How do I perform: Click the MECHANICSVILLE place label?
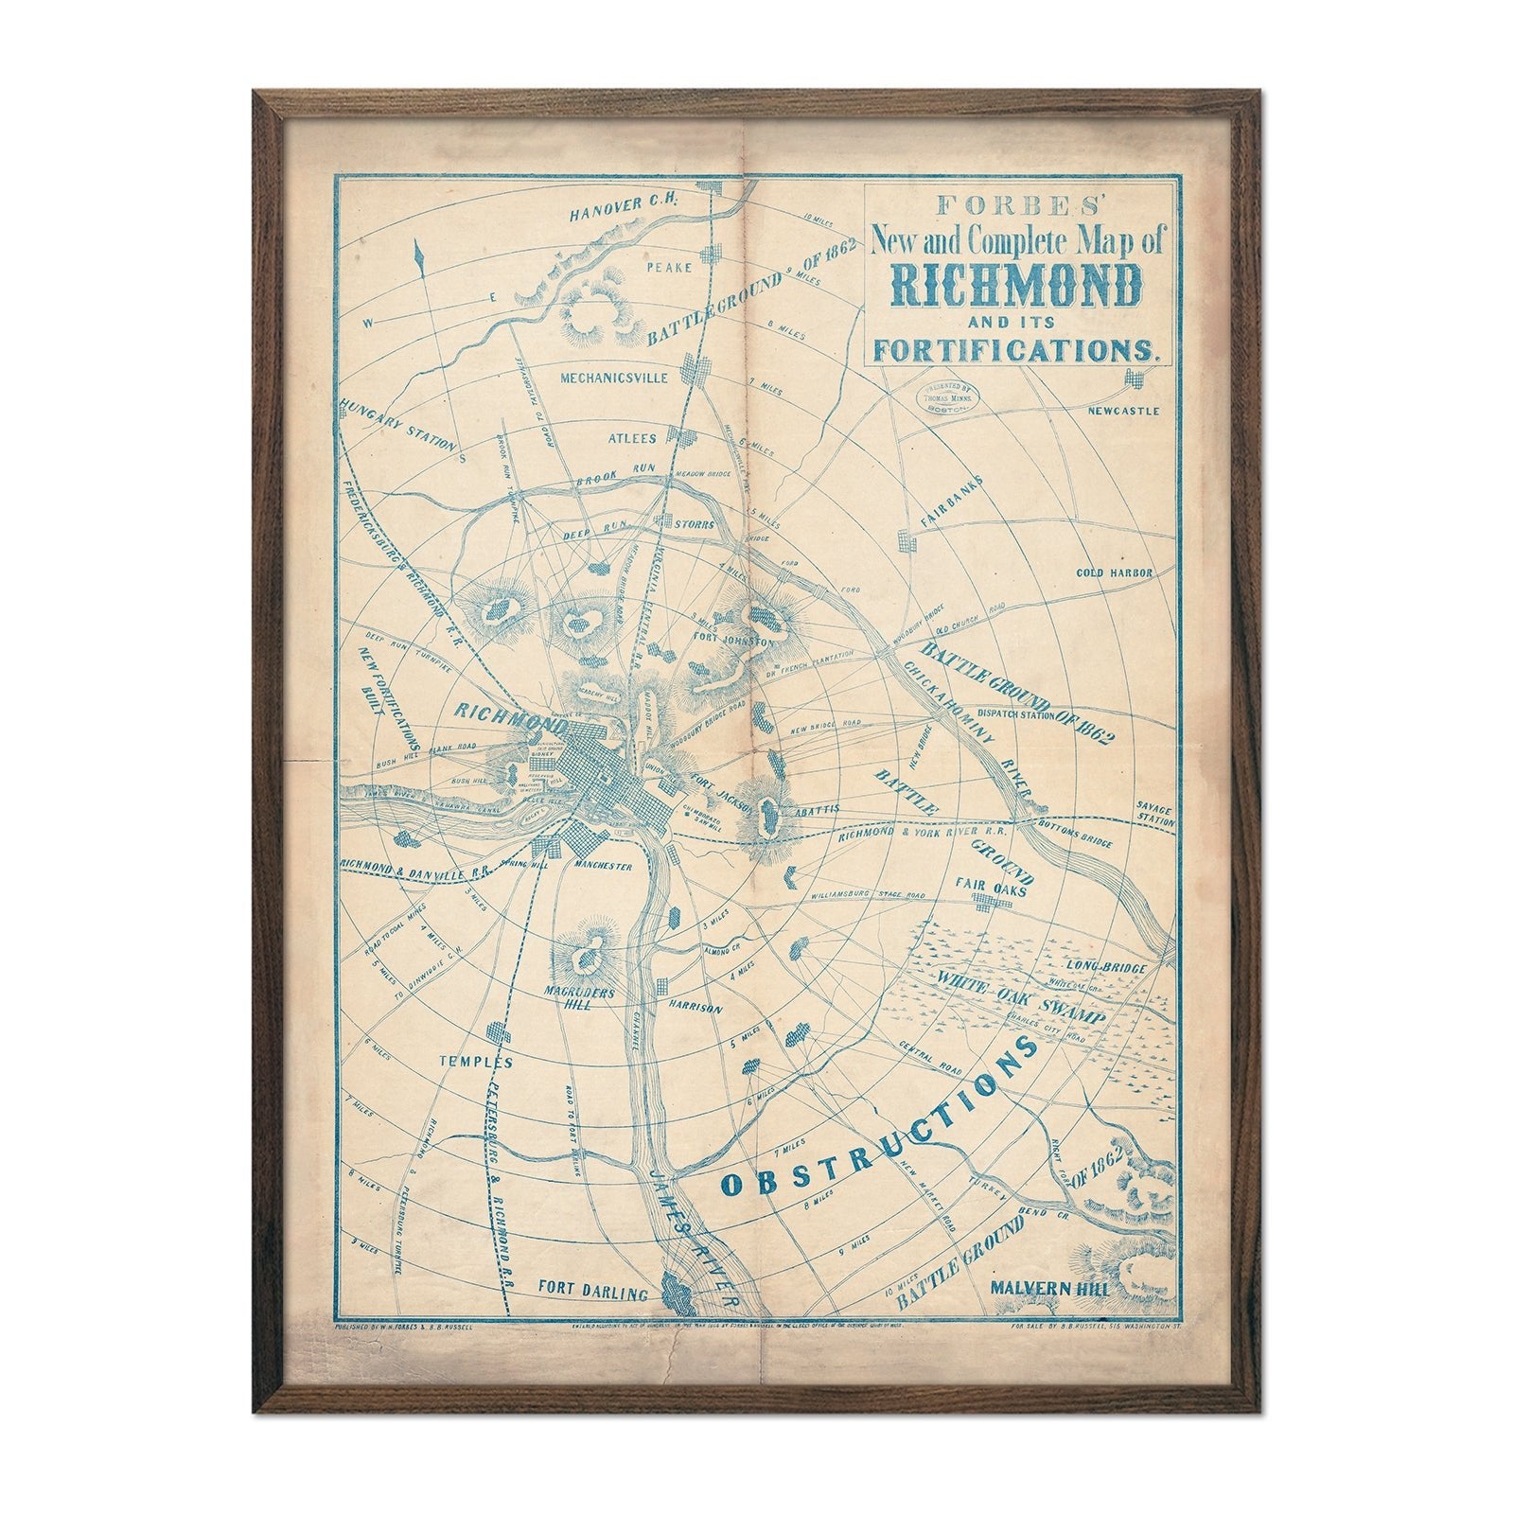coord(614,378)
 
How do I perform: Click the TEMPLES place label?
coord(475,1062)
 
